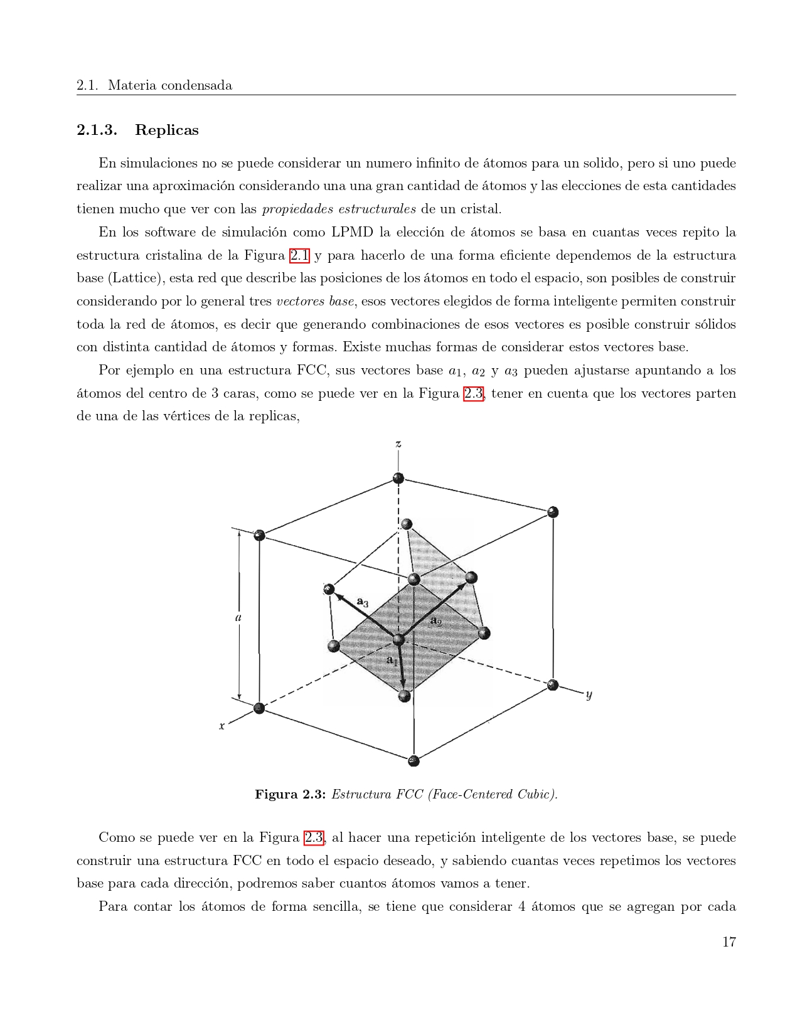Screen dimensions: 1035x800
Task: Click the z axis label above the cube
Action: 398,444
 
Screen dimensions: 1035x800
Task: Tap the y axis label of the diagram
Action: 589,694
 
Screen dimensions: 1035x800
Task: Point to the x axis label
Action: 221,726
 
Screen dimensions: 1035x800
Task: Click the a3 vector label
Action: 363,602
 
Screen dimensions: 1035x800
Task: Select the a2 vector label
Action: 436,622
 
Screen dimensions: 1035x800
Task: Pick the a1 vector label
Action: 392,660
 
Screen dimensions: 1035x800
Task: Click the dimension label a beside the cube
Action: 238,617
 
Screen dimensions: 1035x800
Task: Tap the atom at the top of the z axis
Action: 398,478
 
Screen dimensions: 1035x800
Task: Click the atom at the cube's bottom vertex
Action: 413,761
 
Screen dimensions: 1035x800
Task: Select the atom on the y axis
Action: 552,684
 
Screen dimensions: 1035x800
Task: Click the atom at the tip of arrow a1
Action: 405,695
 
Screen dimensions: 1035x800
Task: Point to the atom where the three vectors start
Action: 398,639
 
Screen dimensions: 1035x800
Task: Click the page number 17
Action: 728,942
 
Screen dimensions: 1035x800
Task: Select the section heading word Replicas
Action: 166,130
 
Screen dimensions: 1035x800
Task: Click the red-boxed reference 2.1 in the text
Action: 299,255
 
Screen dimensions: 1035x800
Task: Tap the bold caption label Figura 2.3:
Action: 290,794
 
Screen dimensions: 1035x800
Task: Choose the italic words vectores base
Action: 315,301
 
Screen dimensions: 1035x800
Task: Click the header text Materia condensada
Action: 169,85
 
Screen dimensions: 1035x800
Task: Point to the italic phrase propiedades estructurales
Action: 339,209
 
